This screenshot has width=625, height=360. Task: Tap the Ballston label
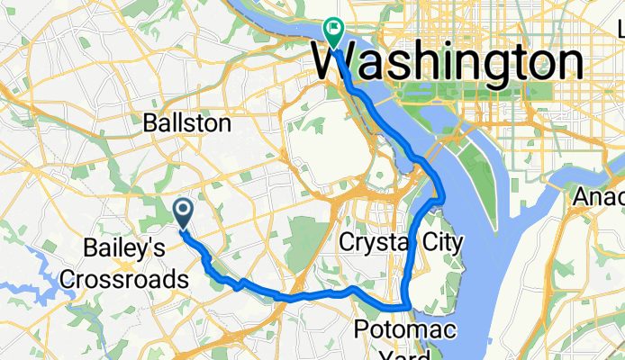[x=187, y=123]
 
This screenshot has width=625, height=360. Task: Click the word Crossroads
[x=123, y=279]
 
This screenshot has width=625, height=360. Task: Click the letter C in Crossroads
[x=68, y=279]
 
